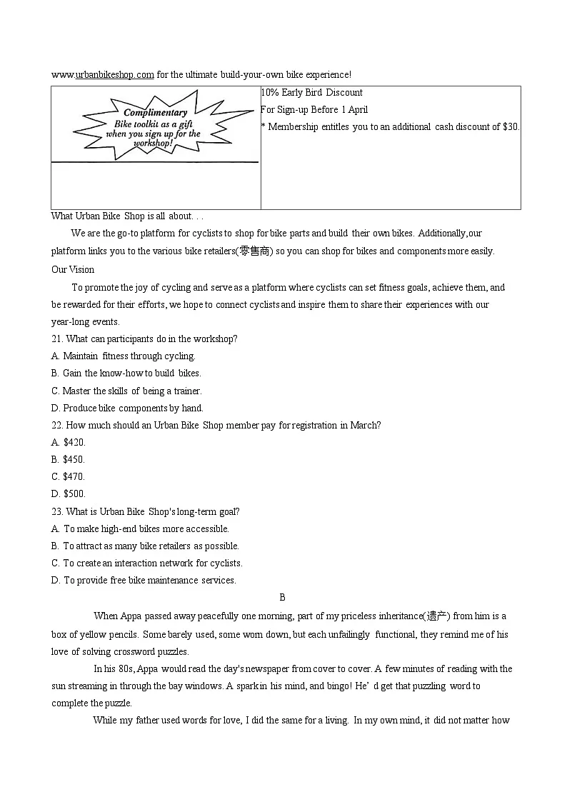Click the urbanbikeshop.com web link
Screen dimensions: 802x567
point(114,74)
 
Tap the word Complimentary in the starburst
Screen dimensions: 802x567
point(156,112)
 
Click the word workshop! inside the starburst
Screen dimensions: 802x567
point(153,143)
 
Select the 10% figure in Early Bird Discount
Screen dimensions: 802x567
point(270,92)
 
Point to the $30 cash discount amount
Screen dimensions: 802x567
point(511,126)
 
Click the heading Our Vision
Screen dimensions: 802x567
point(73,269)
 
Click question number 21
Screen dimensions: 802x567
point(57,339)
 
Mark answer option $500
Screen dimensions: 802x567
point(74,493)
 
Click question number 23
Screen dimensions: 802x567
point(57,511)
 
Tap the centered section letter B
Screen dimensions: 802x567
point(283,597)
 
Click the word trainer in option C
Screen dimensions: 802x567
point(187,391)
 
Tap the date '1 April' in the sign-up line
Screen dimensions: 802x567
point(355,109)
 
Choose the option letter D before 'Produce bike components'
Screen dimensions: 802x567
point(55,408)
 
